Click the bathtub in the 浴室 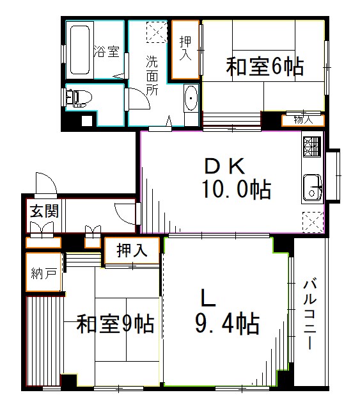click(x=80, y=49)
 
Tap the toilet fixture click(x=79, y=97)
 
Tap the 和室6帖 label click(x=263, y=65)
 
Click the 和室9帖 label click(x=114, y=324)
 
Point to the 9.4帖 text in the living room click(x=228, y=323)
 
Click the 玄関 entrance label click(x=43, y=211)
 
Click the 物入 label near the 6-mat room click(x=303, y=119)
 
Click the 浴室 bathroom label click(x=106, y=52)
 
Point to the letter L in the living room click(x=208, y=298)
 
